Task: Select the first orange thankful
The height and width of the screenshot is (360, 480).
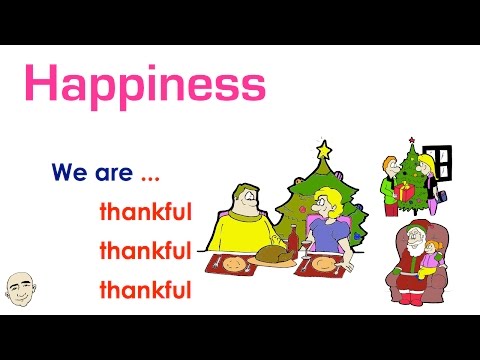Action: coord(145,212)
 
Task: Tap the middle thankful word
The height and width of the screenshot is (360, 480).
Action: coord(145,251)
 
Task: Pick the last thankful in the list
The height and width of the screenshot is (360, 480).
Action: coord(145,291)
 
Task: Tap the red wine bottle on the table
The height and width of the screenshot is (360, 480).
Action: coord(293,243)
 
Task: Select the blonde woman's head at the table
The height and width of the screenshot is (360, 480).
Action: coord(328,204)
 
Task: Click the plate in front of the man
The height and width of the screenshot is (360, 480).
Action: coord(233,266)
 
